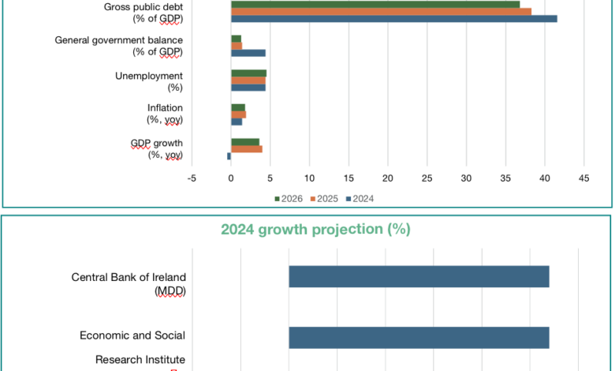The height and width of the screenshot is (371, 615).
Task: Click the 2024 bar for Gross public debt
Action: coord(394,19)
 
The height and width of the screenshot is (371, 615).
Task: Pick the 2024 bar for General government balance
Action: coord(248,54)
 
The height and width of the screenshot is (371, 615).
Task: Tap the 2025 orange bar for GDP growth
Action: coord(247,149)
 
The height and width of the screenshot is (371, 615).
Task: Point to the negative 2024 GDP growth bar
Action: coord(229,156)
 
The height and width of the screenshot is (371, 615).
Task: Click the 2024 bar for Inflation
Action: coord(237,122)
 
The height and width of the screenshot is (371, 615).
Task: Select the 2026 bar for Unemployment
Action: coord(248,73)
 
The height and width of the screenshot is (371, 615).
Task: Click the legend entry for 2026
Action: coord(287,198)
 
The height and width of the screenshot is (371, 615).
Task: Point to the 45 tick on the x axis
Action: coord(583,178)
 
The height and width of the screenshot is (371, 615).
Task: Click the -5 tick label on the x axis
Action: coord(192,178)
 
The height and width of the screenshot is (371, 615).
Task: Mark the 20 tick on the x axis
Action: coord(388,178)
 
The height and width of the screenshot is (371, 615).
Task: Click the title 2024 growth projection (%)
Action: coord(315,230)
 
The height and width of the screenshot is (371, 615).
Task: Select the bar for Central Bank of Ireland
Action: coord(419,277)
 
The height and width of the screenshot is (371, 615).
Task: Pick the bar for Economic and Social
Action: coord(419,338)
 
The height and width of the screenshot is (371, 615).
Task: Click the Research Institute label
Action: coord(140,360)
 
